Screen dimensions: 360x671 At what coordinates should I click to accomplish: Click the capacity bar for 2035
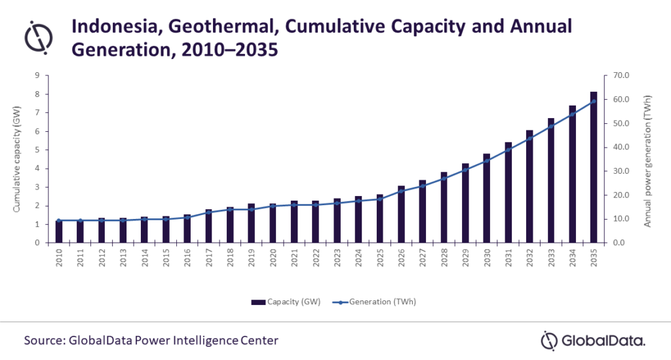593,167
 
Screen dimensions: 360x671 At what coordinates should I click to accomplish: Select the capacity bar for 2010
59,231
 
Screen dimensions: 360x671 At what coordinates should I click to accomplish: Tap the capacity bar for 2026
402,214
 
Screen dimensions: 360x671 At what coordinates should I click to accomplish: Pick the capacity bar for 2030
487,198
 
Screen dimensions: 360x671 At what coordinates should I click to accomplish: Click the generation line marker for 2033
550,127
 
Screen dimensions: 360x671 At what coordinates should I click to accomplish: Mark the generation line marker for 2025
380,199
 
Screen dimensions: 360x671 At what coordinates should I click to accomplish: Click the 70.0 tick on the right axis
621,76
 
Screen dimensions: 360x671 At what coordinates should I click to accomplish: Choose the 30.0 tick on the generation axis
621,171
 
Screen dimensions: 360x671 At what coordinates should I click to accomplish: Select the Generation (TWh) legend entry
374,302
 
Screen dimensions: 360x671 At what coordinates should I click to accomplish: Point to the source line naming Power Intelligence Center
151,340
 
